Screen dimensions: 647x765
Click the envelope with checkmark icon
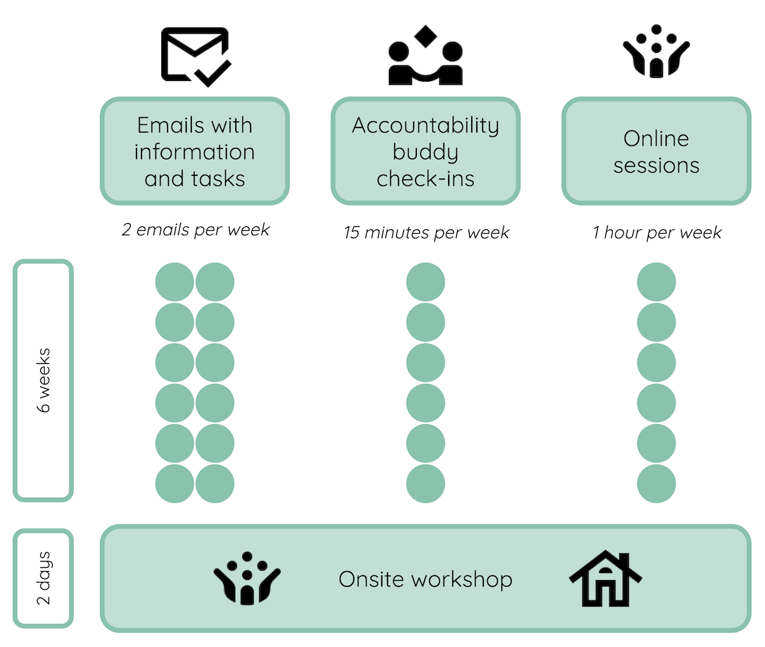[195, 56]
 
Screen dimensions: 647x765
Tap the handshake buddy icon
[425, 57]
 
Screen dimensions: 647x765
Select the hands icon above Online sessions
[656, 52]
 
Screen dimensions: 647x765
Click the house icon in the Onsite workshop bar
[605, 579]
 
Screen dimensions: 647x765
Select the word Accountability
[425, 125]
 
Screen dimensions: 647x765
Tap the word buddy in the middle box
[425, 152]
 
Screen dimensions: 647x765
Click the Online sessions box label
[656, 152]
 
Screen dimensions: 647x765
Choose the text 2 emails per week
[196, 230]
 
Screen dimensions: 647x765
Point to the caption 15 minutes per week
[426, 233]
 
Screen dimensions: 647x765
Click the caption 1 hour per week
[657, 233]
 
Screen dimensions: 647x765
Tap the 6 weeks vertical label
[43, 380]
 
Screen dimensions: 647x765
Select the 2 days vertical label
[43, 578]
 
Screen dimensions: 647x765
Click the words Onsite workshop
[425, 579]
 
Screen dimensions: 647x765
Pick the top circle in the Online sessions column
[656, 282]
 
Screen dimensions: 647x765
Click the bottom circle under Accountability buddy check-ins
[425, 484]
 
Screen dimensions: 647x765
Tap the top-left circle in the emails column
[175, 282]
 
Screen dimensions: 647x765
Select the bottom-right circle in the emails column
[215, 484]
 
